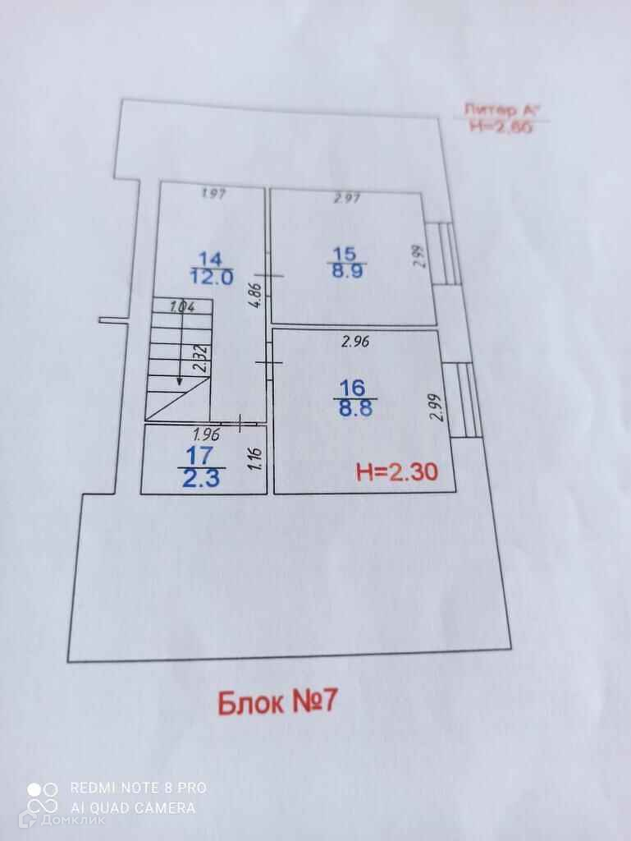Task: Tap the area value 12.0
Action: pyautogui.click(x=212, y=277)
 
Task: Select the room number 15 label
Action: pyautogui.click(x=346, y=255)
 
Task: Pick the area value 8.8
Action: pyautogui.click(x=355, y=407)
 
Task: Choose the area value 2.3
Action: pyautogui.click(x=201, y=478)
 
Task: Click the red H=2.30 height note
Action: pyautogui.click(x=396, y=472)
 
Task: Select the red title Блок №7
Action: pyautogui.click(x=277, y=702)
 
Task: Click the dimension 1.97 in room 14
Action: pyautogui.click(x=213, y=194)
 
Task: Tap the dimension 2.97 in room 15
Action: pyautogui.click(x=347, y=198)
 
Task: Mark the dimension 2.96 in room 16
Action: pyautogui.click(x=355, y=343)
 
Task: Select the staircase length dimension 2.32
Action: pyautogui.click(x=199, y=359)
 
